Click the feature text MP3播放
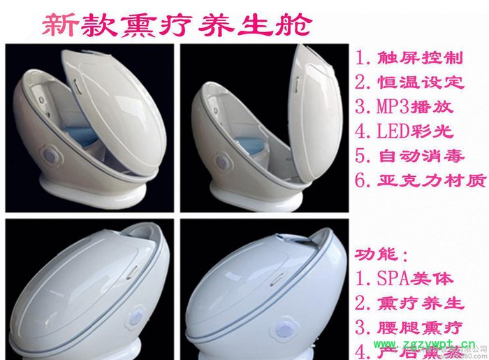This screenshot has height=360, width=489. (x=404, y=107)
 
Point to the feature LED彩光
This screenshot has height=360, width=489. (x=404, y=131)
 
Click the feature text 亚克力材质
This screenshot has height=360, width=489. (x=420, y=181)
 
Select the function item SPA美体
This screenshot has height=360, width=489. (x=405, y=278)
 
